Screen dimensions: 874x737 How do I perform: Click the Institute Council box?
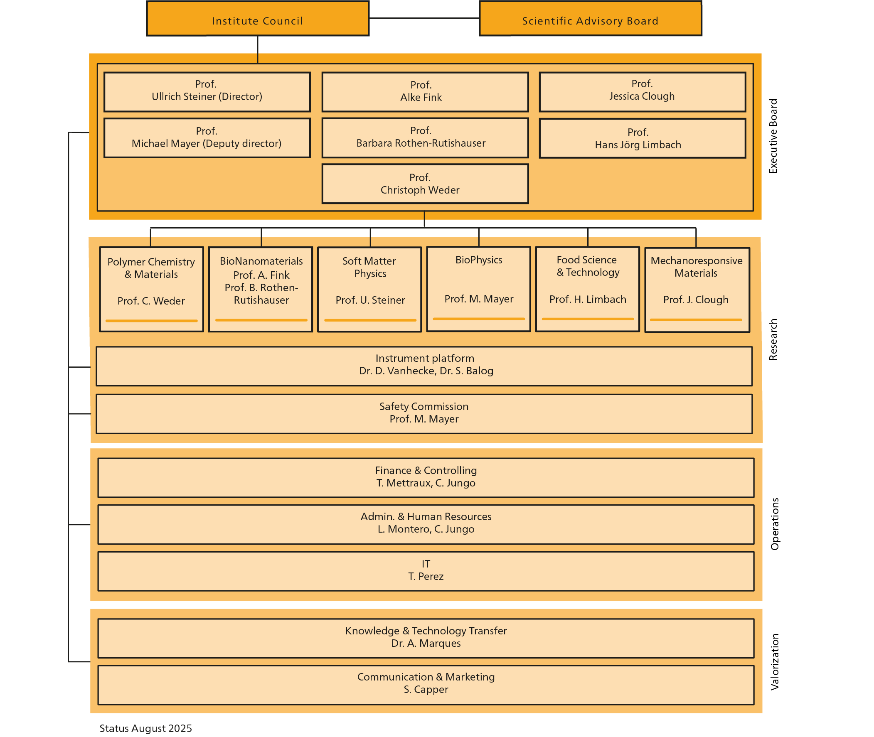pyautogui.click(x=258, y=18)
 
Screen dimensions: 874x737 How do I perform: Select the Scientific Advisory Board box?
pyautogui.click(x=590, y=18)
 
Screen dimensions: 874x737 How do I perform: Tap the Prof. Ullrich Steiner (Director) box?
pyautogui.click(x=207, y=92)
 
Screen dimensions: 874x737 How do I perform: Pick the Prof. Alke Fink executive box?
pyautogui.click(x=425, y=92)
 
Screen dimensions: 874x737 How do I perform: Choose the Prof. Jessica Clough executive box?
pyautogui.click(x=643, y=92)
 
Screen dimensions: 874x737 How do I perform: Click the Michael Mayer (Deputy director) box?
pyautogui.click(x=207, y=138)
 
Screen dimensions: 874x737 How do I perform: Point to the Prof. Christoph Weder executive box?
pyautogui.click(x=425, y=184)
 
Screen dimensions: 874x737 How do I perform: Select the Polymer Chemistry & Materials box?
pyautogui.click(x=151, y=290)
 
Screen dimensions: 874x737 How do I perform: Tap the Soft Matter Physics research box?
pyautogui.click(x=369, y=290)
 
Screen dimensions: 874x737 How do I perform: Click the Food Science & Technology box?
pyautogui.click(x=588, y=289)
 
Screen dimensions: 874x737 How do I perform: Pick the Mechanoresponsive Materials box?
pyautogui.click(x=697, y=290)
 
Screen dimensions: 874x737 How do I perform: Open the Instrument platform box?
pyautogui.click(x=424, y=366)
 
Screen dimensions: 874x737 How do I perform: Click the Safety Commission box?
pyautogui.click(x=424, y=414)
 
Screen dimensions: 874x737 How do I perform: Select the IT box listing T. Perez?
pyautogui.click(x=426, y=572)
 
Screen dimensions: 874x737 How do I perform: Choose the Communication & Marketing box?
pyautogui.click(x=426, y=685)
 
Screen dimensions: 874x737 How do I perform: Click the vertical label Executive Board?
pyautogui.click(x=773, y=136)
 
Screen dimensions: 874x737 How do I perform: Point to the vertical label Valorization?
pyautogui.click(x=775, y=662)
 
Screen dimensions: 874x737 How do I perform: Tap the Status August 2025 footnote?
pyautogui.click(x=146, y=728)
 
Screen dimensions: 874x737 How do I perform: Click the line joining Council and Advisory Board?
pyautogui.click(x=424, y=18)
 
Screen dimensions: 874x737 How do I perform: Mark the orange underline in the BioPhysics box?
pyautogui.click(x=479, y=319)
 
